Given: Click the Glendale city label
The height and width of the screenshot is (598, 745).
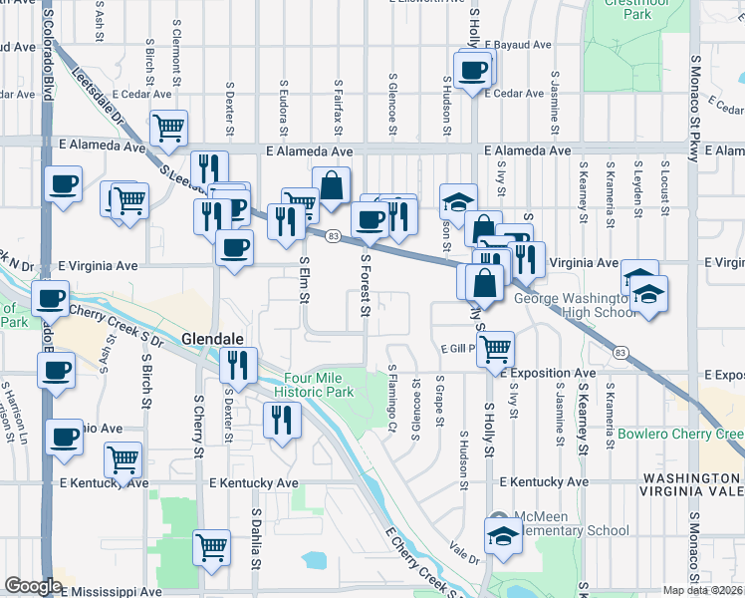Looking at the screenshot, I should coord(212,339).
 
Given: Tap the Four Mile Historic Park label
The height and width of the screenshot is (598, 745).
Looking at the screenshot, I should coord(319,385).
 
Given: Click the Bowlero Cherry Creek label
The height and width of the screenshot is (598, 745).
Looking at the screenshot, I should coord(680,435).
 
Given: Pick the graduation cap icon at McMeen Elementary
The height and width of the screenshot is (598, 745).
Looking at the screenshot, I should coord(503,534).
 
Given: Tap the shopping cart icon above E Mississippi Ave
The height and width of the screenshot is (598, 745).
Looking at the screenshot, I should coord(212,547).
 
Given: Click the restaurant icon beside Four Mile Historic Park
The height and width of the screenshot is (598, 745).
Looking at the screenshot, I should coord(282,420).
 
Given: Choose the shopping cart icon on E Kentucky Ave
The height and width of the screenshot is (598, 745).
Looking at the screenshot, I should coord(124,460).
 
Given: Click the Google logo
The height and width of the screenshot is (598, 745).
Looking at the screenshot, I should coord(33,586).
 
